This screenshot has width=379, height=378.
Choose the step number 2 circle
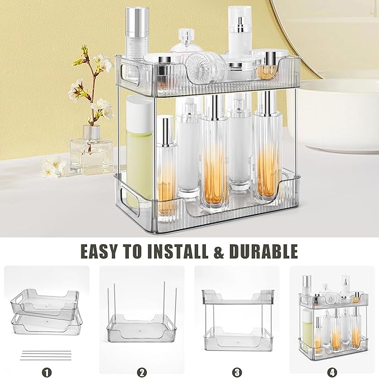[x=142, y=370]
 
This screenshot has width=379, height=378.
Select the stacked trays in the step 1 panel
[x=46, y=312]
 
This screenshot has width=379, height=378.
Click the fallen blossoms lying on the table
[x=53, y=167]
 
